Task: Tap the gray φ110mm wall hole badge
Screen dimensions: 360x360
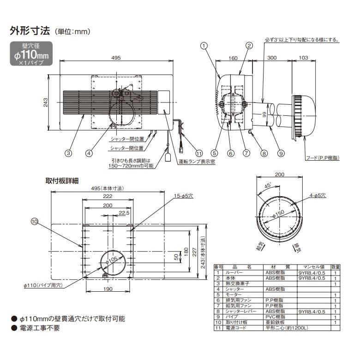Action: [32, 54]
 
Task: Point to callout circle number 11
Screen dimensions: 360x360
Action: [199, 153]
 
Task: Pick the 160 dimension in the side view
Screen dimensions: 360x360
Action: [233, 58]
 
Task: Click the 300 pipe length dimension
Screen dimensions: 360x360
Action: [272, 58]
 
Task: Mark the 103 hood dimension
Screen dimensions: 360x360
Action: [303, 58]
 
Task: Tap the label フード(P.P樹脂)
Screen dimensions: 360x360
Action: [323, 158]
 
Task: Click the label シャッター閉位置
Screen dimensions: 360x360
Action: [127, 138]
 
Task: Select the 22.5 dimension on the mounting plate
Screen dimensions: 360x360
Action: [124, 213]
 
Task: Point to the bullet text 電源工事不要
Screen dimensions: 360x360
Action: [39, 329]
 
